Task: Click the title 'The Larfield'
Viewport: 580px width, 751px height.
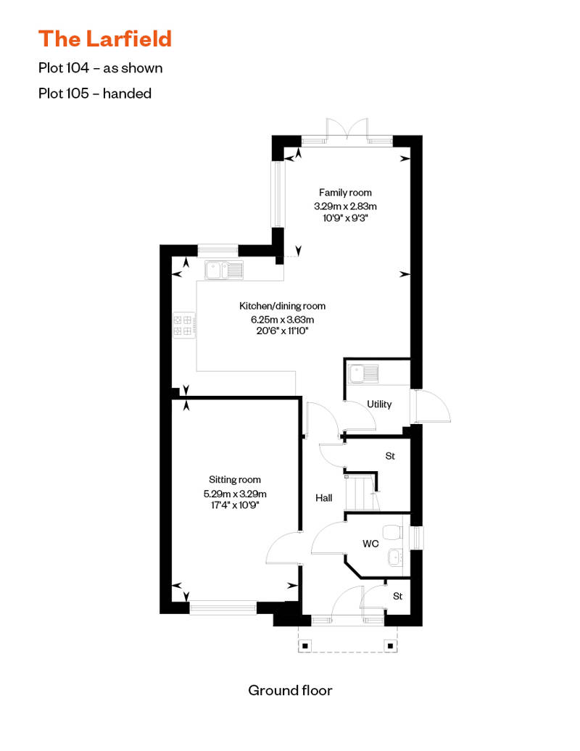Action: (105, 38)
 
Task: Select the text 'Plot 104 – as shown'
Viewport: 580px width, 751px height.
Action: (101, 68)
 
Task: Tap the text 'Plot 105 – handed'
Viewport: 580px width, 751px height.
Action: (95, 93)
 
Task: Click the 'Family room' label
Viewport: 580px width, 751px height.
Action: (345, 192)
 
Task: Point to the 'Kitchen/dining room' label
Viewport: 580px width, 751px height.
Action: (282, 306)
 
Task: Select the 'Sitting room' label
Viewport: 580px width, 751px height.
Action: (234, 479)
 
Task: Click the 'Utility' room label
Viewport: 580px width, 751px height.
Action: (379, 404)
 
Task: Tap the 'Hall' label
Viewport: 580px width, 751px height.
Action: (323, 498)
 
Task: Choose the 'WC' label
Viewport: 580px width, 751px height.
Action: (370, 543)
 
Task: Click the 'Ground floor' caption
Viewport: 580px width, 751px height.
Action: (290, 689)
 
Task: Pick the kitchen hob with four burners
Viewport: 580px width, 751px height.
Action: (183, 325)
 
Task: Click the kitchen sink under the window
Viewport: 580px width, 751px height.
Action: (224, 270)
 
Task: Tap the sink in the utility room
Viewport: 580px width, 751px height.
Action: (363, 374)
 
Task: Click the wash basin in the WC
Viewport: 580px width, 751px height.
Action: (395, 557)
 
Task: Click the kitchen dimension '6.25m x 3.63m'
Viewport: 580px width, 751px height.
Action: (282, 319)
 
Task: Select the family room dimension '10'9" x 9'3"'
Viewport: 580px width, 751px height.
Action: (345, 218)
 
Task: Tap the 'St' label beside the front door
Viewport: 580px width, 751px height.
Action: (397, 596)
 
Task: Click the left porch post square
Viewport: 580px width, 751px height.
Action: (305, 644)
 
